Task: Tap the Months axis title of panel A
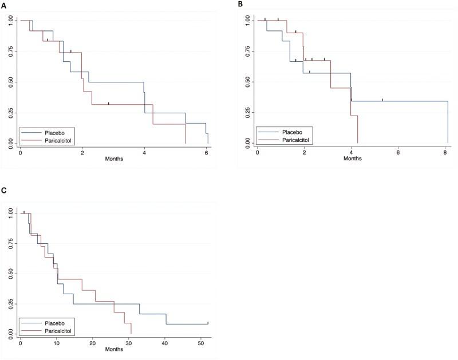pos(114,159)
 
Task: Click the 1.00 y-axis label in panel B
pos(250,21)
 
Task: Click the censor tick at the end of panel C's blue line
pos(208,323)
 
